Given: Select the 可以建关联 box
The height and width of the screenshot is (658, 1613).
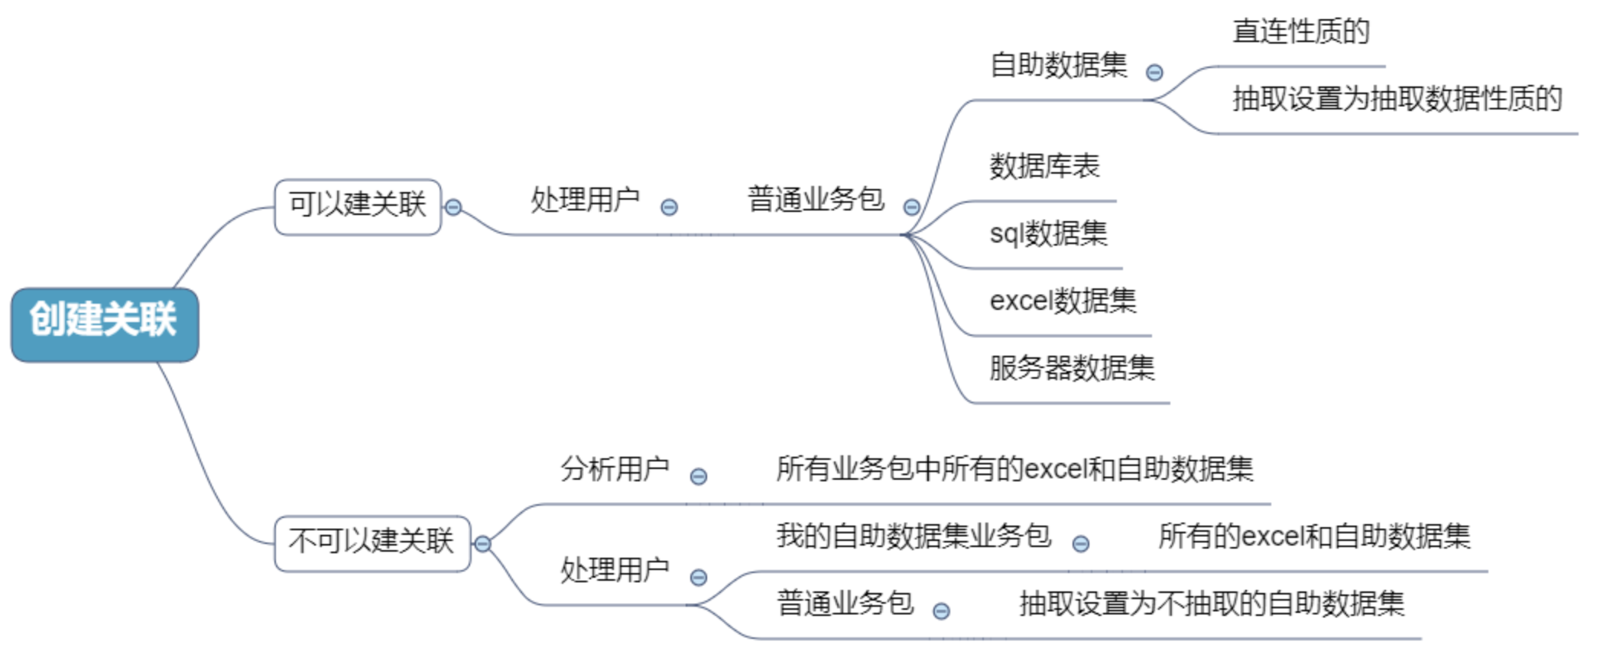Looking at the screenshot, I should coord(357,206).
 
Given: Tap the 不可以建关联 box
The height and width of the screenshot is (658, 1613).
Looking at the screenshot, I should coord(372,542).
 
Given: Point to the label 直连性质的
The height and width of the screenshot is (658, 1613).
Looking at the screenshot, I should coord(1301,32).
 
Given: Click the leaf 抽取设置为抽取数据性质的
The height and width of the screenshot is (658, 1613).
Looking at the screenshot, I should coord(1397,99).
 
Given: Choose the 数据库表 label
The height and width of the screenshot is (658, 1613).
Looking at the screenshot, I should coord(1044,166).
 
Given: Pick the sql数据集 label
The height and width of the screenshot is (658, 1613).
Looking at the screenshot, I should coord(1048,233).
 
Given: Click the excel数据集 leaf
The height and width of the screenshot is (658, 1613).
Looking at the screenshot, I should coord(1063,301).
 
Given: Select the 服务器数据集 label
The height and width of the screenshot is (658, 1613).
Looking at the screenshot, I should coord(1072,368).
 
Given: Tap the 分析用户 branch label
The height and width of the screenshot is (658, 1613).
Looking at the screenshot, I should coord(615,469).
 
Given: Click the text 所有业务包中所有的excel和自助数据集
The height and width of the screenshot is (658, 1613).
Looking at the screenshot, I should coord(1014,469).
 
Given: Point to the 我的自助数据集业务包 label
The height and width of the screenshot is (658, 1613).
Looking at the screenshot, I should coord(914,536).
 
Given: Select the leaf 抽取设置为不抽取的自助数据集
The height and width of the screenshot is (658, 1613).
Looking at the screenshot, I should coord(1212,604).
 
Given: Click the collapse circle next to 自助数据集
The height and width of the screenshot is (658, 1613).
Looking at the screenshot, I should coord(1154,73).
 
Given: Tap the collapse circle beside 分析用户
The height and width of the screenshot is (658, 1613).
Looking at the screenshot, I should coord(698,477).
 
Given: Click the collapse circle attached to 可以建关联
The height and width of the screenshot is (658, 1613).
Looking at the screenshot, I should coord(453,207).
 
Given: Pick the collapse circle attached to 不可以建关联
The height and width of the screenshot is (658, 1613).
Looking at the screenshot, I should coord(482,544).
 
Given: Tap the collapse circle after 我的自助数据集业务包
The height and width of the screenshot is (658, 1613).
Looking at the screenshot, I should coord(1080,544).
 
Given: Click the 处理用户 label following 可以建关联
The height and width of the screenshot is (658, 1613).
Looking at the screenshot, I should coord(586,200).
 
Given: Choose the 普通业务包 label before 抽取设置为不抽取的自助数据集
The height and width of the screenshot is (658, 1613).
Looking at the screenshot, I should coord(845,604).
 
